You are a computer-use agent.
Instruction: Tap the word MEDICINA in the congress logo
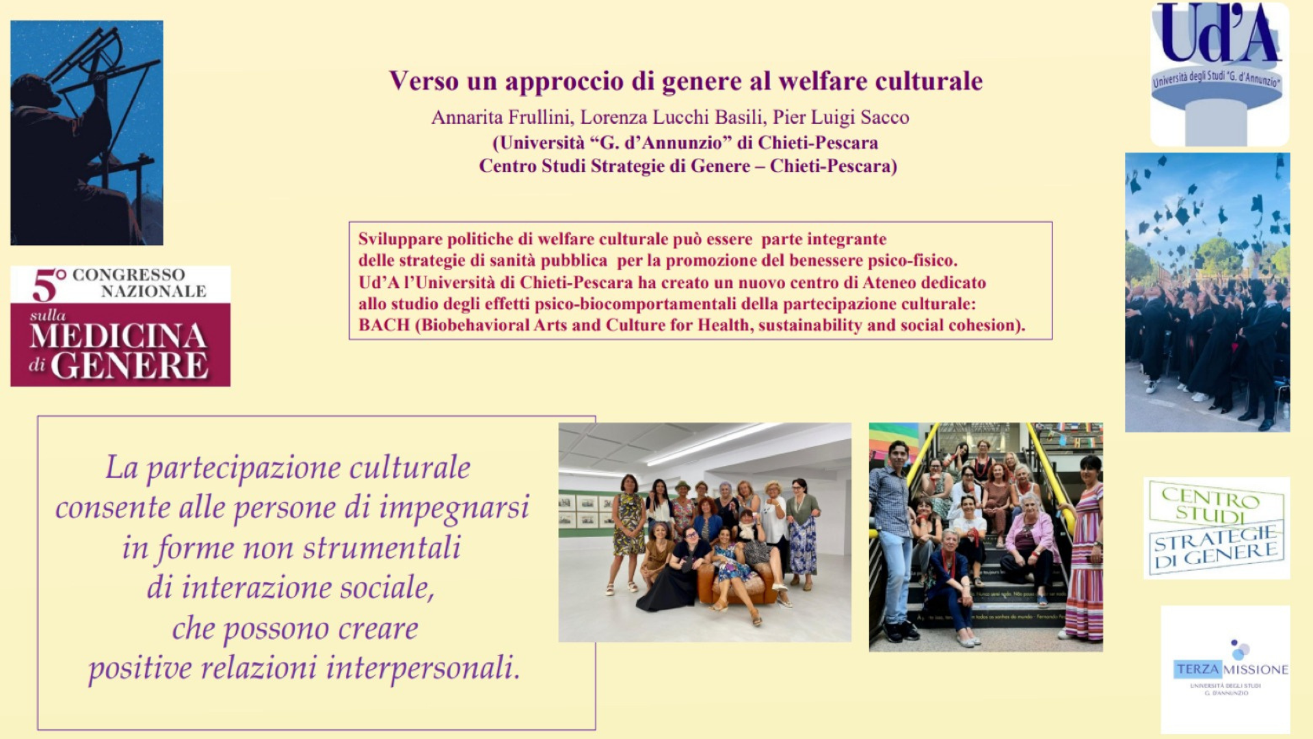coord(118,336)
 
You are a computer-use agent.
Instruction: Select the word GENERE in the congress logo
coord(129,365)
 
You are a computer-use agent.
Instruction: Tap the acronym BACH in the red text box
coord(384,325)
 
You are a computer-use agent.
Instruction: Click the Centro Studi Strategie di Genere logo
coord(1217,528)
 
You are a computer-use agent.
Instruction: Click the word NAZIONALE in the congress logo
coord(153,291)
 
